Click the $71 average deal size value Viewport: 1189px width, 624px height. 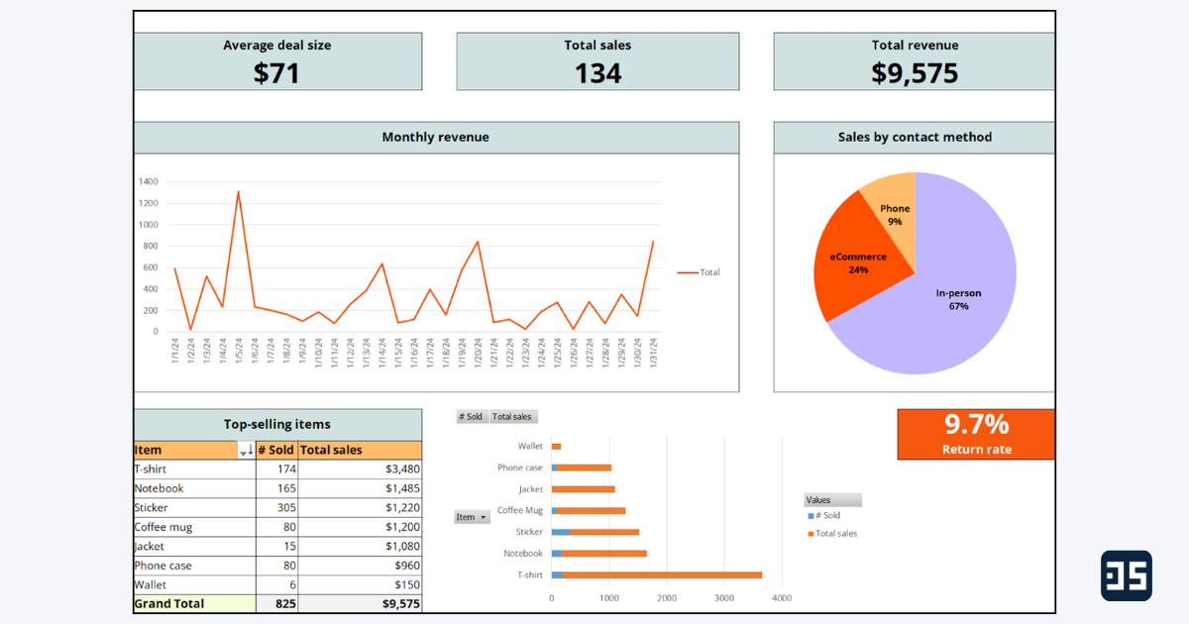coord(276,72)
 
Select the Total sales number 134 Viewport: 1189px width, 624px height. coord(597,72)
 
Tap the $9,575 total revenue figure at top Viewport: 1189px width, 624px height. coord(915,72)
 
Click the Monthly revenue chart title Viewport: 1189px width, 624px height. coord(435,138)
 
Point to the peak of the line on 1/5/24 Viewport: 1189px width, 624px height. coord(238,192)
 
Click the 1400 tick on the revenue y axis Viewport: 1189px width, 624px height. coord(149,182)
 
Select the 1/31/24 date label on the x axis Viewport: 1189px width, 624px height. coord(653,352)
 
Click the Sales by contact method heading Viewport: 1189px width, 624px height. coord(914,138)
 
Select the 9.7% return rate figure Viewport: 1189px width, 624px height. coord(976,425)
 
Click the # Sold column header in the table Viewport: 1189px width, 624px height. coord(275,450)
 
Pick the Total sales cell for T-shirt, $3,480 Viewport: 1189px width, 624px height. coord(360,468)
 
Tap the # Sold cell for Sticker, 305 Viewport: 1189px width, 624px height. coord(276,507)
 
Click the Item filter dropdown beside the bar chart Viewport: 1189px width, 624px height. coord(472,517)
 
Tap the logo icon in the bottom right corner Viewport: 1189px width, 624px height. coord(1126,575)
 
